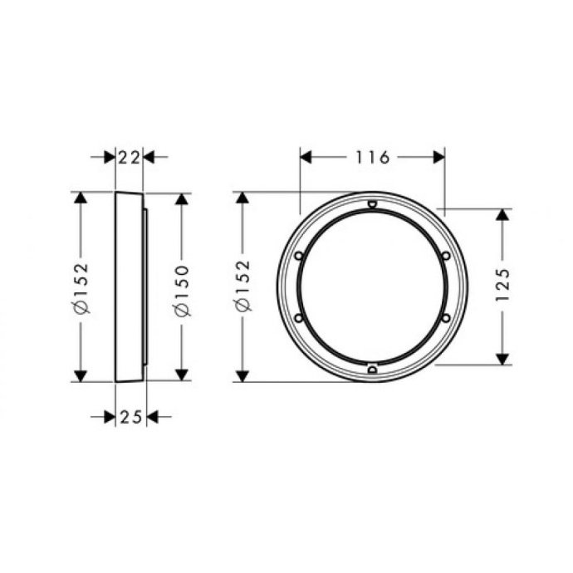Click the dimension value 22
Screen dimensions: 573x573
click(x=129, y=156)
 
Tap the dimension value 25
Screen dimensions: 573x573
click(x=130, y=416)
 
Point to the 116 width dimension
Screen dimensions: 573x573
click(x=372, y=157)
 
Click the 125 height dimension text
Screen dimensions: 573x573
click(x=502, y=286)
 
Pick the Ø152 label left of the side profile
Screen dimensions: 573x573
click(x=81, y=287)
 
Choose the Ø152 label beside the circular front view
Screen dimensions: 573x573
click(x=242, y=286)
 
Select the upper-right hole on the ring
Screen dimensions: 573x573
click(x=445, y=256)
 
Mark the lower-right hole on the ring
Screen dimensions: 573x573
click(x=445, y=318)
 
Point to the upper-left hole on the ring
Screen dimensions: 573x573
click(x=299, y=256)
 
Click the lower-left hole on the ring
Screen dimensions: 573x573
click(x=299, y=318)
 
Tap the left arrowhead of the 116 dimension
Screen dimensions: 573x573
click(x=305, y=157)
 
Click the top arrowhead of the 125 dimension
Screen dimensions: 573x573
click(x=502, y=214)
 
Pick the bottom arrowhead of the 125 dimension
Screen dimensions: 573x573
click(x=502, y=359)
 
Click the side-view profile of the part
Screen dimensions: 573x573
click(x=129, y=287)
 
